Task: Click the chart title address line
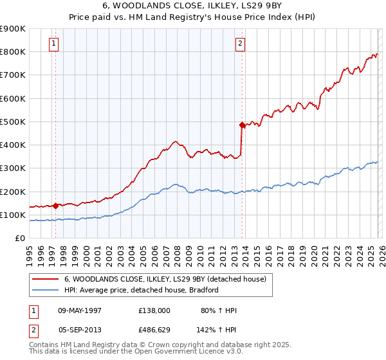pos(192,6)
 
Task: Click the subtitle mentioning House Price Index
pos(192,17)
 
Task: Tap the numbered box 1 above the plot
pos(53,44)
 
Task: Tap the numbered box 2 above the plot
pos(240,44)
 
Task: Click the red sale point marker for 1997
pos(56,206)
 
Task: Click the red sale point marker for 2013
pos(243,125)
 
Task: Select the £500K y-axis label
pos(13,122)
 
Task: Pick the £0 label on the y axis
pos(19,239)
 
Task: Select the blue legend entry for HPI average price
pos(142,290)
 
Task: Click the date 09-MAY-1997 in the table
pos(80,310)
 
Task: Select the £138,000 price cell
pos(154,310)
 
